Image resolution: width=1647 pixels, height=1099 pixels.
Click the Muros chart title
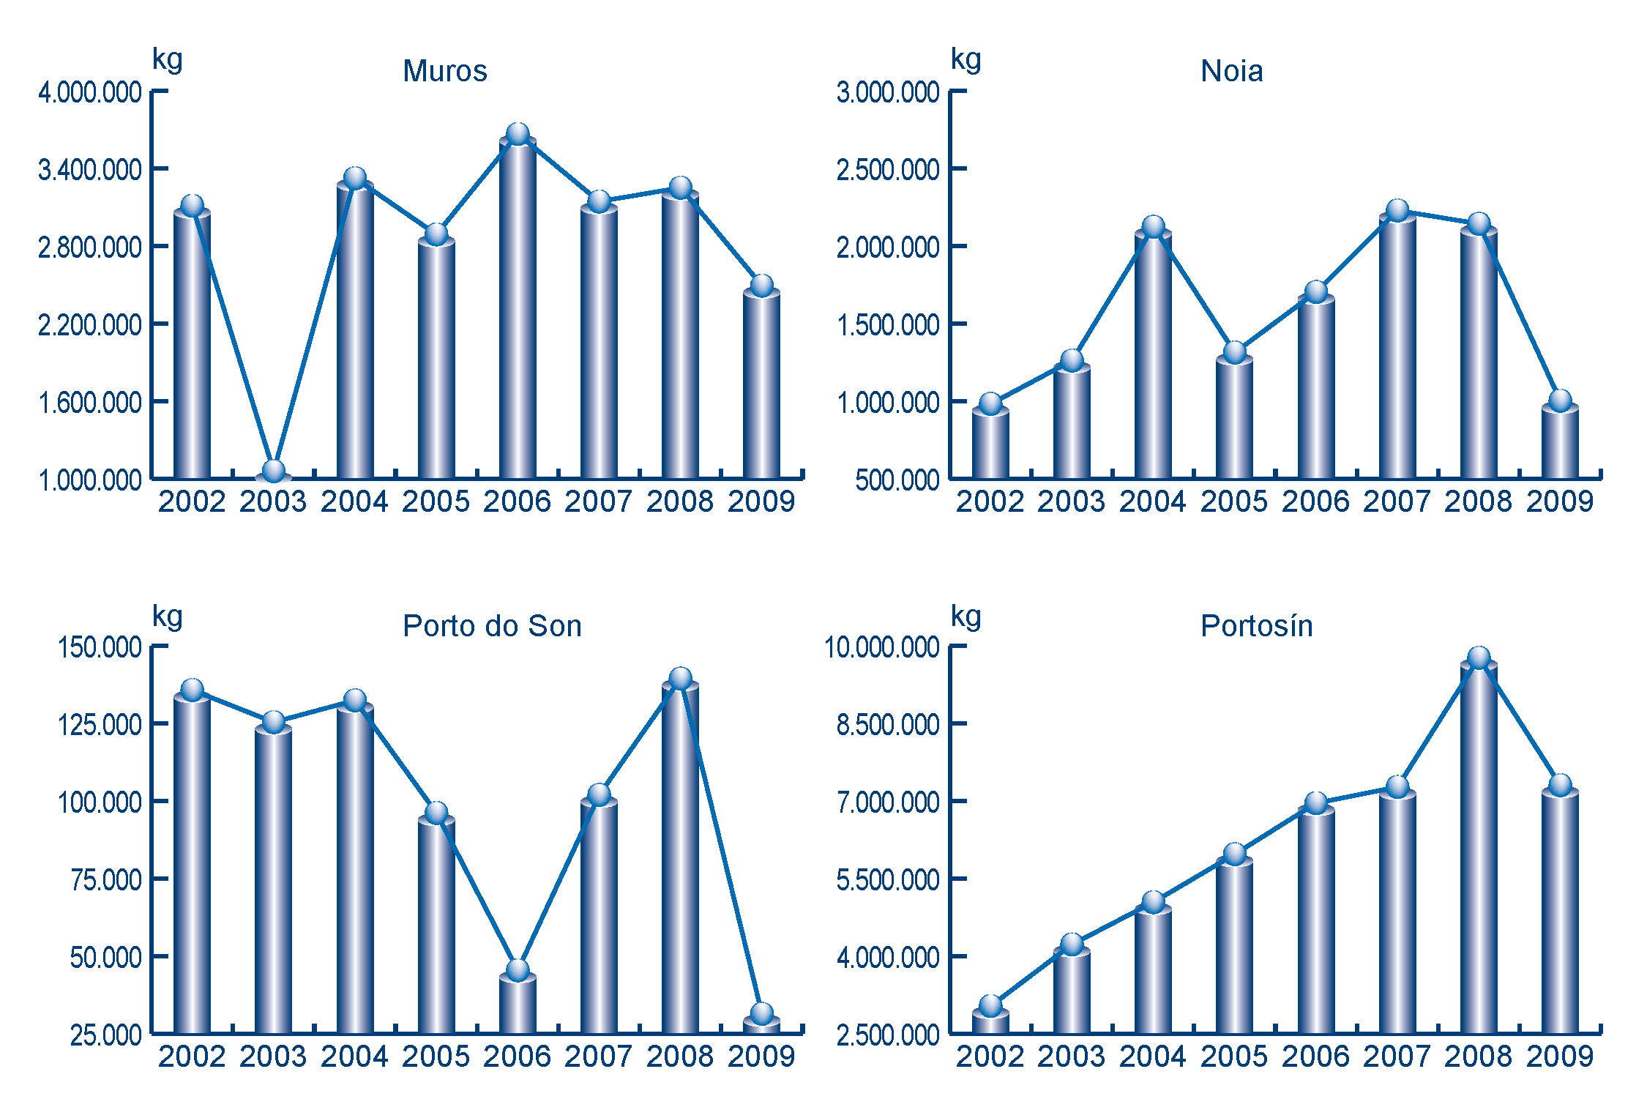pyautogui.click(x=444, y=72)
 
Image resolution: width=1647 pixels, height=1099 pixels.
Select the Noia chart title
pyautogui.click(x=1231, y=72)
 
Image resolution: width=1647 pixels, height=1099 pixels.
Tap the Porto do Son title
pyautogui.click(x=492, y=627)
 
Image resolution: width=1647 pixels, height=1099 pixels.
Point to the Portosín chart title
pyautogui.click(x=1256, y=627)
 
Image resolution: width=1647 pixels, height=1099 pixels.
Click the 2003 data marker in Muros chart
pyautogui.click(x=274, y=471)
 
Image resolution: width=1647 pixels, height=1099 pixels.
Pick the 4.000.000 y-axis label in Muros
pyautogui.click(x=90, y=93)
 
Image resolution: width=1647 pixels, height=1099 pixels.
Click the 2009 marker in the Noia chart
pyautogui.click(x=1560, y=401)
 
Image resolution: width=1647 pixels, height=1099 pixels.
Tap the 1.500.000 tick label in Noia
pyautogui.click(x=888, y=325)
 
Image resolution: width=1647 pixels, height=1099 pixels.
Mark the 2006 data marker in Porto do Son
pyautogui.click(x=518, y=970)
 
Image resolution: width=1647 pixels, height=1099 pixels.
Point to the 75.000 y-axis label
pyautogui.click(x=105, y=880)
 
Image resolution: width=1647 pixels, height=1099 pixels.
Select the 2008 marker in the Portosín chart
pyautogui.click(x=1479, y=657)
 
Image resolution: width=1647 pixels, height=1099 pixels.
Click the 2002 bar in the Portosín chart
pyautogui.click(x=990, y=1022)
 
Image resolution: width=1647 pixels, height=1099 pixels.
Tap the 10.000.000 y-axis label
pyautogui.click(x=881, y=648)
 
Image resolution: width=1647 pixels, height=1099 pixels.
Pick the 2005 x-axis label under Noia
pyautogui.click(x=1233, y=502)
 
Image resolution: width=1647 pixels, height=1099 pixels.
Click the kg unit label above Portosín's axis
pyautogui.click(x=966, y=616)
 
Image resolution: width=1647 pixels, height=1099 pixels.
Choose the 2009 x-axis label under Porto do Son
pyautogui.click(x=761, y=1057)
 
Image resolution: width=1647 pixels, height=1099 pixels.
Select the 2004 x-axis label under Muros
pyautogui.click(x=354, y=502)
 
